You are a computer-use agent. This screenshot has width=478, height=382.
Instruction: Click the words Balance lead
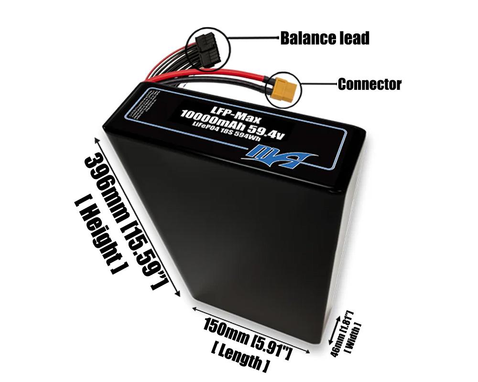(x=325, y=38)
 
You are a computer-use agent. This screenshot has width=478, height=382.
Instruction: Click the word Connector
(x=369, y=85)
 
